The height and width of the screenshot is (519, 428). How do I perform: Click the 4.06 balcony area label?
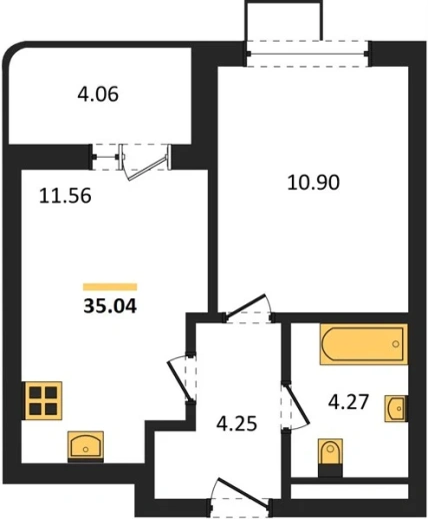[x=98, y=94]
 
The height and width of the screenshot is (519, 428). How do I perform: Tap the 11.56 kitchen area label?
[x=65, y=196]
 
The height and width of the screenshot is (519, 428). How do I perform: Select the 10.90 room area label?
[x=313, y=183]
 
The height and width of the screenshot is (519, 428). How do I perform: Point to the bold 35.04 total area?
[x=110, y=306]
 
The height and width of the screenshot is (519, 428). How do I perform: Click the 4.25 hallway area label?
[x=237, y=424]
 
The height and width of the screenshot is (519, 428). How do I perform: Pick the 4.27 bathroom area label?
[x=349, y=401]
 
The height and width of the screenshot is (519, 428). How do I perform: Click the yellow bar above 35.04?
[x=110, y=286]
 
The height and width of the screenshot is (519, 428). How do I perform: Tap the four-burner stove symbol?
[x=42, y=400]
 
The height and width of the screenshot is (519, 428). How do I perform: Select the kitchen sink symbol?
[x=86, y=445]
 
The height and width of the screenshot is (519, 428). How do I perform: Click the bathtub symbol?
[x=364, y=344]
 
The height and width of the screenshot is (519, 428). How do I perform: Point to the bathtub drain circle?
[x=396, y=344]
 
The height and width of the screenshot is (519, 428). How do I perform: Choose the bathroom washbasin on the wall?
[x=396, y=408]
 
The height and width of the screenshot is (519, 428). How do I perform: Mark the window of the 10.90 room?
[x=307, y=53]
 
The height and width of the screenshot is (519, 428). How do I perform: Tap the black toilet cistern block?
[x=330, y=471]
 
